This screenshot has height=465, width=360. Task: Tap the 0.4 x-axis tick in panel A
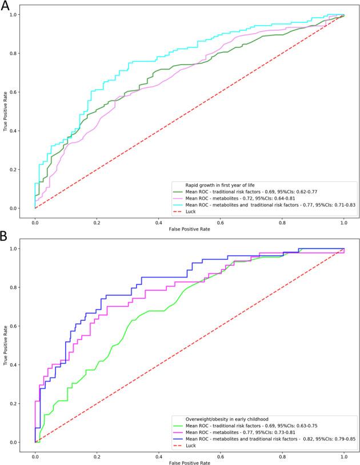158,222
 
